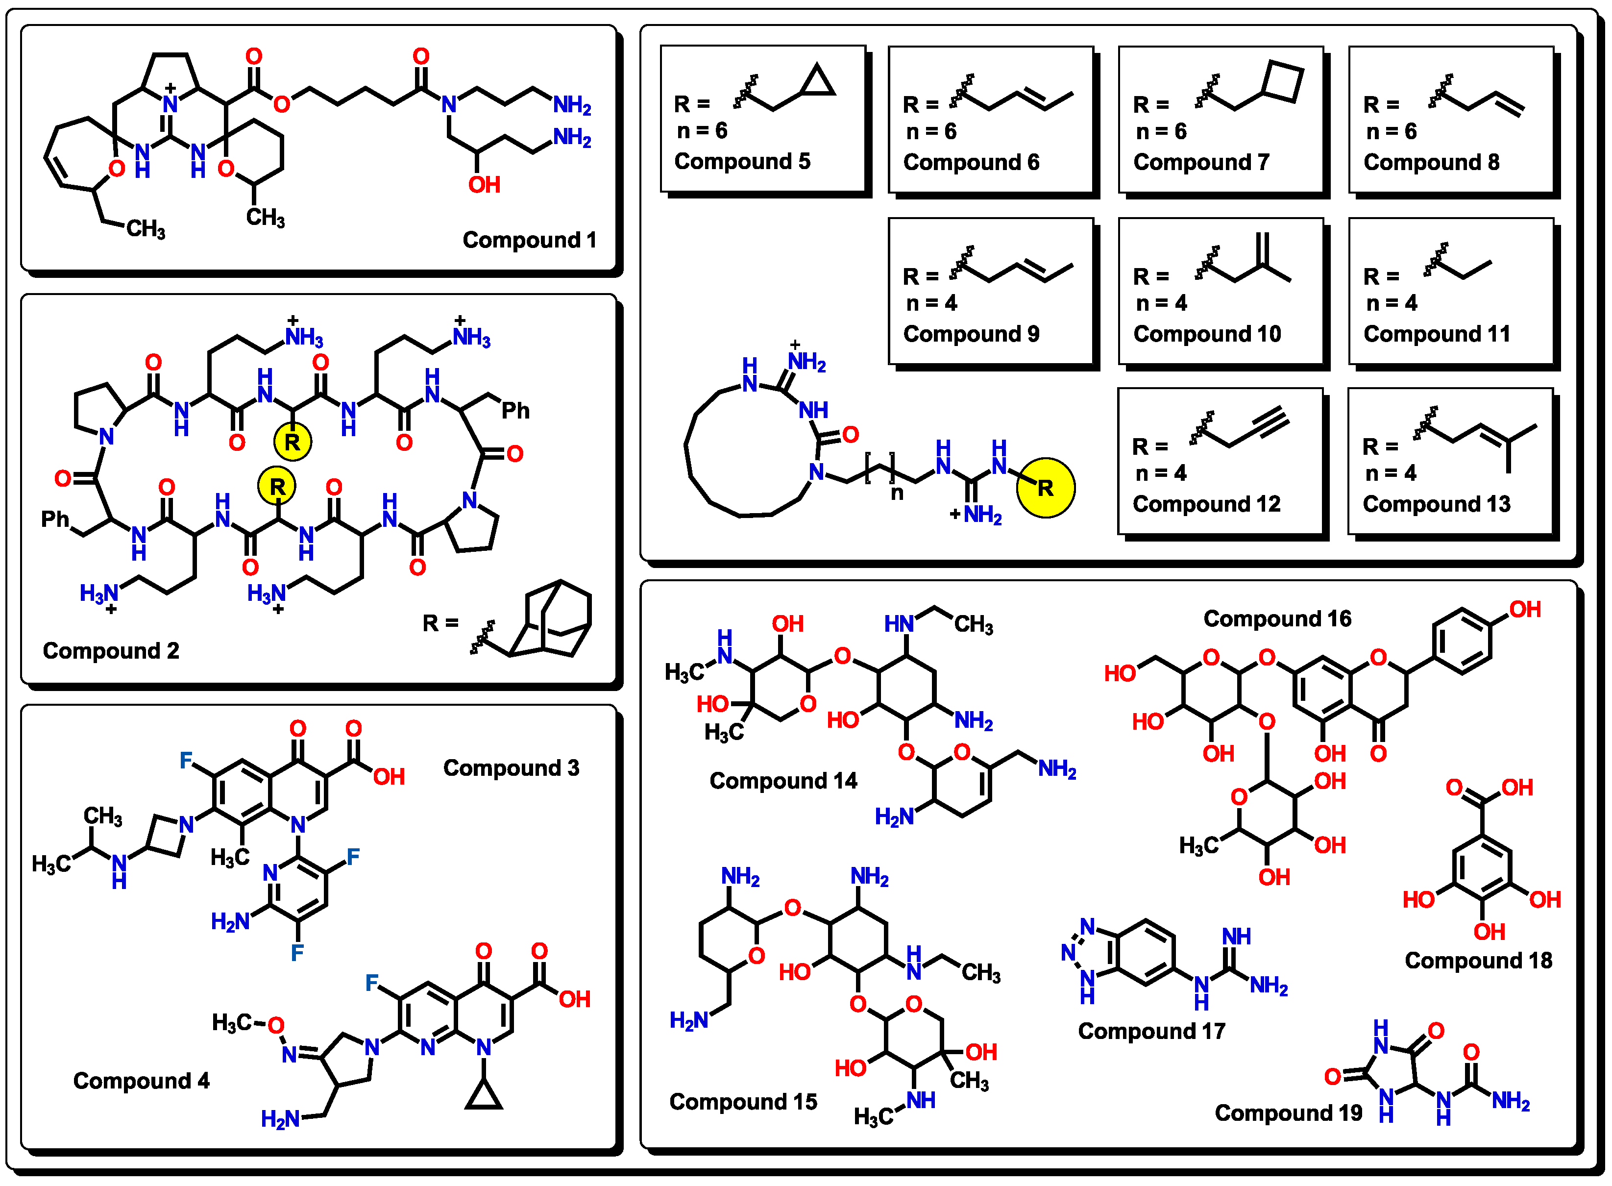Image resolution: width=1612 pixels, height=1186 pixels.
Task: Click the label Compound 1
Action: [x=529, y=240]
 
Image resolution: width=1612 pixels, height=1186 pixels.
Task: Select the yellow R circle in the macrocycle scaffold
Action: [x=1045, y=488]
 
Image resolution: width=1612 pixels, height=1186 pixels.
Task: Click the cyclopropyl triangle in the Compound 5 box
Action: [x=817, y=82]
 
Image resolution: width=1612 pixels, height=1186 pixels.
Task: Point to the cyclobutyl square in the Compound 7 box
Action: [x=1283, y=82]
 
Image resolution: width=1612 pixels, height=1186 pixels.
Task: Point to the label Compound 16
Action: [x=1277, y=619]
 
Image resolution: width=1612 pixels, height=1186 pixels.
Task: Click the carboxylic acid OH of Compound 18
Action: [x=1517, y=788]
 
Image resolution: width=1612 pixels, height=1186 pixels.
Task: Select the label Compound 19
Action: [x=1288, y=1113]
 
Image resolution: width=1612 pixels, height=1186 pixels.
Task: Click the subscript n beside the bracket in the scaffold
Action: [x=897, y=493]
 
